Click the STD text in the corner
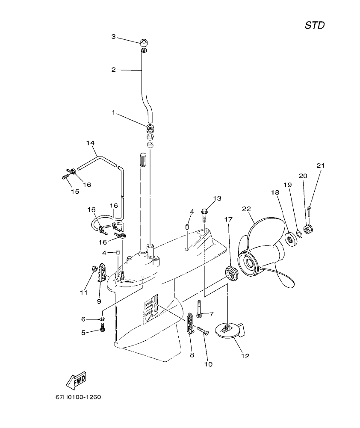tap(314, 25)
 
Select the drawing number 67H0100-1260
tap(78, 397)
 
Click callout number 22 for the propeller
tap(246, 209)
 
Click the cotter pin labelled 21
tap(310, 211)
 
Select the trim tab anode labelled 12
tap(231, 331)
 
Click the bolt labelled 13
tap(204, 213)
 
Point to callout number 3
tap(114, 37)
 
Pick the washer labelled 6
tap(103, 319)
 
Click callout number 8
tap(192, 354)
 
